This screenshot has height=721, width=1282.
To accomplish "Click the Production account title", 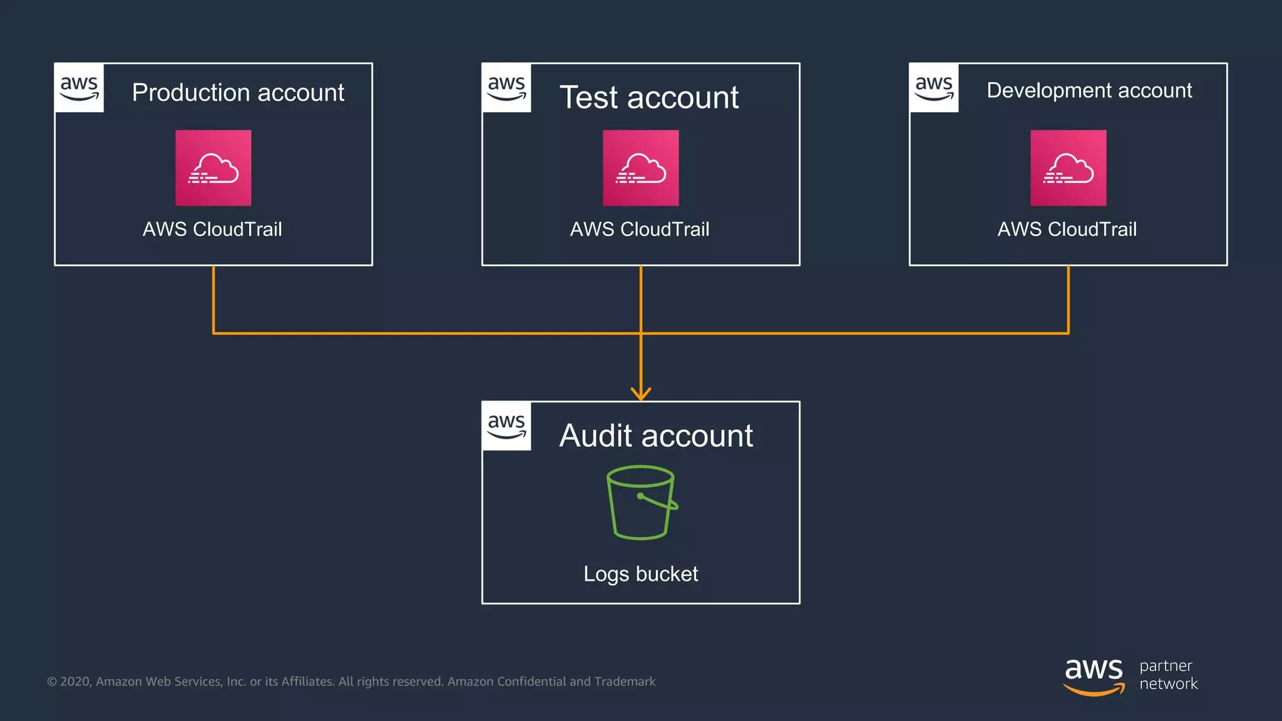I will pyautogui.click(x=238, y=93).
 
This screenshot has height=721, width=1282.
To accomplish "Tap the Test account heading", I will pyautogui.click(x=649, y=98).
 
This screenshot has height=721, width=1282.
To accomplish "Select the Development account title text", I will pyautogui.click(x=1089, y=91).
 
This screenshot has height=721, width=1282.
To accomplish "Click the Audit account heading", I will pyautogui.click(x=655, y=436).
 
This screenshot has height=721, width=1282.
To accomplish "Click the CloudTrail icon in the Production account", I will pyautogui.click(x=213, y=168).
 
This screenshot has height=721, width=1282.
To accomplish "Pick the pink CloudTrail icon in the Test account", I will pyautogui.click(x=640, y=168).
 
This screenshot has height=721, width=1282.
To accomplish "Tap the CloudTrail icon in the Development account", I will pyautogui.click(x=1068, y=168).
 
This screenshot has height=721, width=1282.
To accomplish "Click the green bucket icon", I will pyautogui.click(x=641, y=502).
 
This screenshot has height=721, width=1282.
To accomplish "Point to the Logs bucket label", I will pyautogui.click(x=640, y=574).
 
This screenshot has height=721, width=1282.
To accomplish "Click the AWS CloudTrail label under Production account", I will pyautogui.click(x=212, y=229).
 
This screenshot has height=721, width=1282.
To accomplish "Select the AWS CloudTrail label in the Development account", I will pyautogui.click(x=1067, y=229).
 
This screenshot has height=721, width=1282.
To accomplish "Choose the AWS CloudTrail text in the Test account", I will pyautogui.click(x=639, y=229).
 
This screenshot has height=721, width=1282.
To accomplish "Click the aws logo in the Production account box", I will pyautogui.click(x=79, y=88).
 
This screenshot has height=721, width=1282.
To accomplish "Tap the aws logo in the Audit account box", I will pyautogui.click(x=506, y=426).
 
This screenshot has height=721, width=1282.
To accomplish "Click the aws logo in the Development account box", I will pyautogui.click(x=934, y=88).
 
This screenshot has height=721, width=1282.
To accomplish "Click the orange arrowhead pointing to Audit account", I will pyautogui.click(x=640, y=394).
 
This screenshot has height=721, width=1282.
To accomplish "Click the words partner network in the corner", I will pyautogui.click(x=1168, y=675).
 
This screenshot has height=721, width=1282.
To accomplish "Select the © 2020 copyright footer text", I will pyautogui.click(x=351, y=682).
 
